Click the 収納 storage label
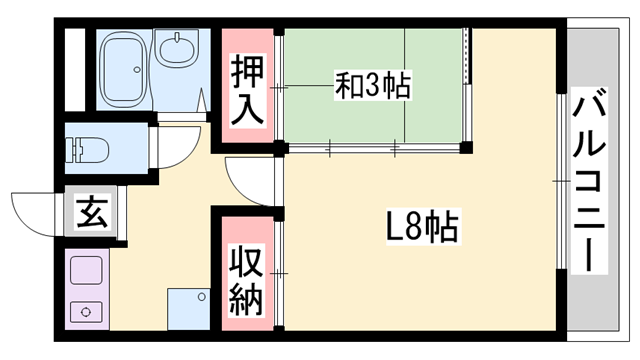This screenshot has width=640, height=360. [247, 280]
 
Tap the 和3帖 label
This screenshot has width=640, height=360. [372, 86]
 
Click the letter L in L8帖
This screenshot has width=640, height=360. [394, 229]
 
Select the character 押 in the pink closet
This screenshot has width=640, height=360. [247, 72]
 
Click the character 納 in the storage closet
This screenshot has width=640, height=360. [247, 299]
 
